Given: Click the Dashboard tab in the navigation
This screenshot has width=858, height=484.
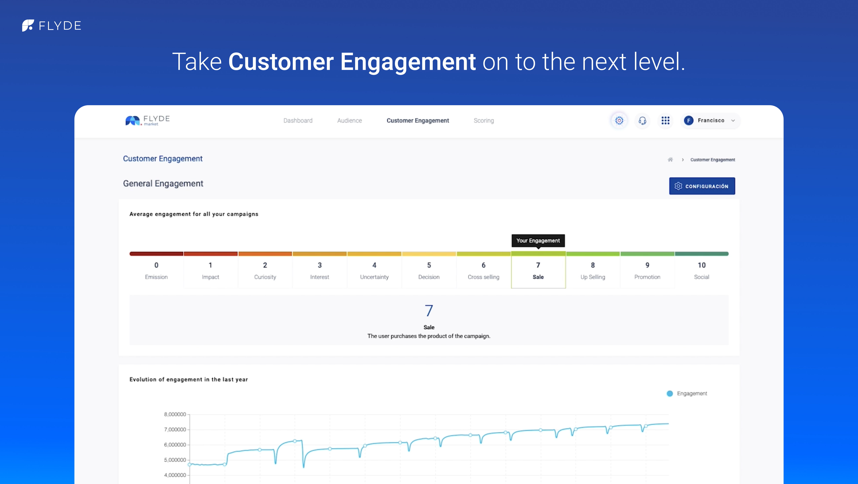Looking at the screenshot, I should pyautogui.click(x=298, y=120).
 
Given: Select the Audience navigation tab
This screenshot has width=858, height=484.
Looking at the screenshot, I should pyautogui.click(x=349, y=120).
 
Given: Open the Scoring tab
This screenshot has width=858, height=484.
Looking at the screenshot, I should pyautogui.click(x=484, y=120).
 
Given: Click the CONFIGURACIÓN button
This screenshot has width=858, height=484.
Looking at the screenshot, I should pyautogui.click(x=702, y=186).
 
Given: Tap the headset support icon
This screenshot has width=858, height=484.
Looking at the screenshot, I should pyautogui.click(x=642, y=120).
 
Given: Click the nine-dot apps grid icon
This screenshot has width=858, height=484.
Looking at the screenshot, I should pyautogui.click(x=665, y=120).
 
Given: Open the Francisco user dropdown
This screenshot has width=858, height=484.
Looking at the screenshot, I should pyautogui.click(x=710, y=120).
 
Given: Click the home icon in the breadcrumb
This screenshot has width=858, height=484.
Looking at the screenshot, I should pyautogui.click(x=670, y=160).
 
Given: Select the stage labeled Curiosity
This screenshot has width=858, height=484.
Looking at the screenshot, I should pyautogui.click(x=265, y=277).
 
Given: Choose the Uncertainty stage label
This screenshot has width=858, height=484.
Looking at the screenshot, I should pyautogui.click(x=374, y=277).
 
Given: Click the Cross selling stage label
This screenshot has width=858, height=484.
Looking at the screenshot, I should pyautogui.click(x=483, y=277).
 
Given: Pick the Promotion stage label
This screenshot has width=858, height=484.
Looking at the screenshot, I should pyautogui.click(x=647, y=277).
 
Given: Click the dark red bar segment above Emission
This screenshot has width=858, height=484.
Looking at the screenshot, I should pyautogui.click(x=156, y=254).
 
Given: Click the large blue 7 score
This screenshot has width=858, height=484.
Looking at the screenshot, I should pyautogui.click(x=429, y=311).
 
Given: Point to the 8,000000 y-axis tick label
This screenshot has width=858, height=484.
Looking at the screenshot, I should pyautogui.click(x=175, y=414).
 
